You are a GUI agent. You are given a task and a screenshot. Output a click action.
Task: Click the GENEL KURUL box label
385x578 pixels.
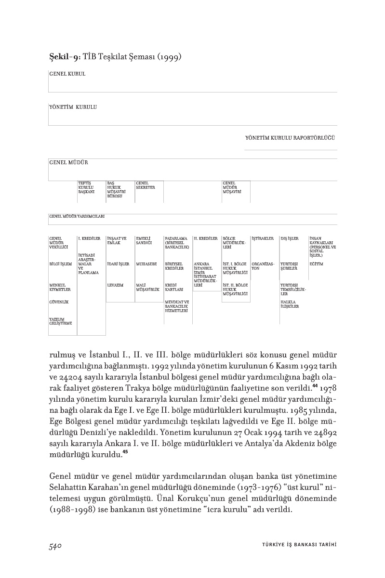tap(67, 74)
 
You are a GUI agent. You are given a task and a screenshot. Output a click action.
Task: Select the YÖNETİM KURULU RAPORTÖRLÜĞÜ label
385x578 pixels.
tap(290, 138)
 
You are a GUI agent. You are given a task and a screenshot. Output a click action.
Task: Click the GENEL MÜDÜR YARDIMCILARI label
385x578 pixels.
tap(77, 216)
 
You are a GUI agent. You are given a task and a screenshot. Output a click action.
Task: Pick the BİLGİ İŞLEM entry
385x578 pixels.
tap(60, 264)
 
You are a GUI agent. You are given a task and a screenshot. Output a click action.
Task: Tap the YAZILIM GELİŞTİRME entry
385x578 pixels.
tap(60, 321)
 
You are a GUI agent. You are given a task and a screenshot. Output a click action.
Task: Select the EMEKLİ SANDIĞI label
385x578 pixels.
tap(144, 240)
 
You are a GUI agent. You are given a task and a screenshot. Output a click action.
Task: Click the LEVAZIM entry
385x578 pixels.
tap(115, 285)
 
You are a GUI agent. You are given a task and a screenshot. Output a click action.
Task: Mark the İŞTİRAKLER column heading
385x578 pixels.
tap(263, 238)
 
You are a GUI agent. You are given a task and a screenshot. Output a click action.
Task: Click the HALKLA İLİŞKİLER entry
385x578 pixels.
tap(290, 304)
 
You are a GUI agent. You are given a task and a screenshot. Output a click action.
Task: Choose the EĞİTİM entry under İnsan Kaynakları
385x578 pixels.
tap(316, 264)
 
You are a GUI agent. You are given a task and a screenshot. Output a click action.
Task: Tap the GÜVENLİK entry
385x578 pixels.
tap(59, 302)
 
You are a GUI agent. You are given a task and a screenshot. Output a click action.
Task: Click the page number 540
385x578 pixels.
tap(57, 546)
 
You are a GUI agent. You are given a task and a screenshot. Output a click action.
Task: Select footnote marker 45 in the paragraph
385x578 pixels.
tap(125, 452)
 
